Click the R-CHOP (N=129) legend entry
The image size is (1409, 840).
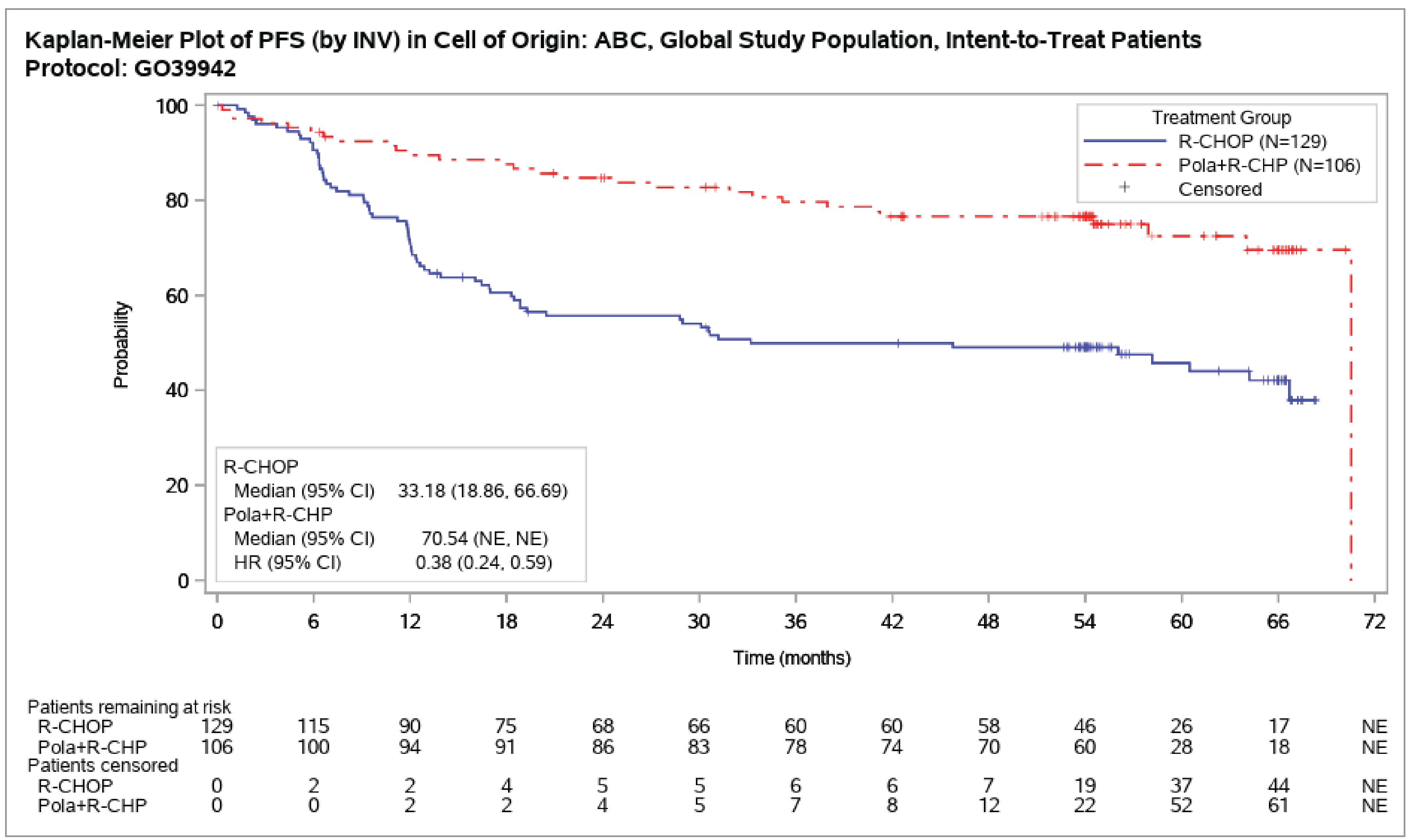(x=1251, y=141)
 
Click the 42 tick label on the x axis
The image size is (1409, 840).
(x=892, y=622)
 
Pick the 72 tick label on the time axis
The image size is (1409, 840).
(x=1374, y=622)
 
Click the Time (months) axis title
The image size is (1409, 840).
(x=791, y=658)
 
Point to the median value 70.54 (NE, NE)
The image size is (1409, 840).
(x=484, y=538)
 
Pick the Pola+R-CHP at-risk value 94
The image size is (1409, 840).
(x=409, y=747)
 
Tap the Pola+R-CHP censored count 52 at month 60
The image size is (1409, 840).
(x=1181, y=806)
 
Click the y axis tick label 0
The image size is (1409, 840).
(x=183, y=581)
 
